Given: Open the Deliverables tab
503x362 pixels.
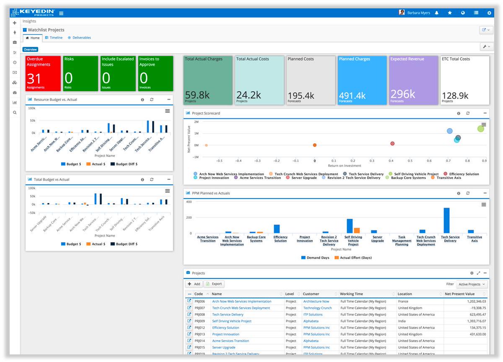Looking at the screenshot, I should (81, 38).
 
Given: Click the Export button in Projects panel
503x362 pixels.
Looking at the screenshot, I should (214, 284).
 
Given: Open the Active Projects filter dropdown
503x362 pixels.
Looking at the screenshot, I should (472, 284).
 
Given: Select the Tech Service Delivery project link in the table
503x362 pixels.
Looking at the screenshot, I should (228, 314).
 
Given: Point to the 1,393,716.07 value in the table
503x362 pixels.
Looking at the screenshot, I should (472, 321).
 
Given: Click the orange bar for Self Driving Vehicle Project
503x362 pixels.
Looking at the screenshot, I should (357, 230).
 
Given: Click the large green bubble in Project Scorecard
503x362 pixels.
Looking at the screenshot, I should (481, 128).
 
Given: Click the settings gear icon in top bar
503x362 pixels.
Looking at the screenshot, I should (489, 13).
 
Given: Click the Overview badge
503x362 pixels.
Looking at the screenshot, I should (30, 49).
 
